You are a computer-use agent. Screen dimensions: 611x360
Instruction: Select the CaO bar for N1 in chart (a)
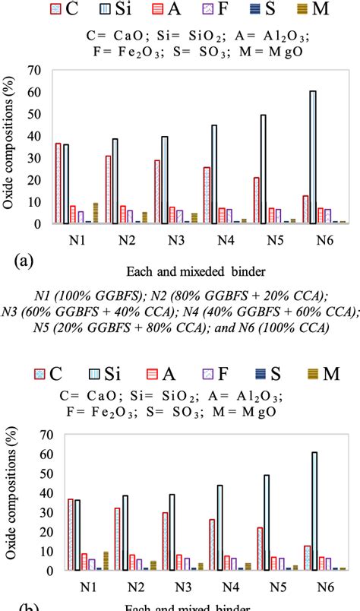tap(58, 183)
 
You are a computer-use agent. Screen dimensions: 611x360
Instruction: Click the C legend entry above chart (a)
tap(68, 10)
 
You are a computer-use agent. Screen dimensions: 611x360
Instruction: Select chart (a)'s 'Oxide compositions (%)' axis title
tap(10, 147)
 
